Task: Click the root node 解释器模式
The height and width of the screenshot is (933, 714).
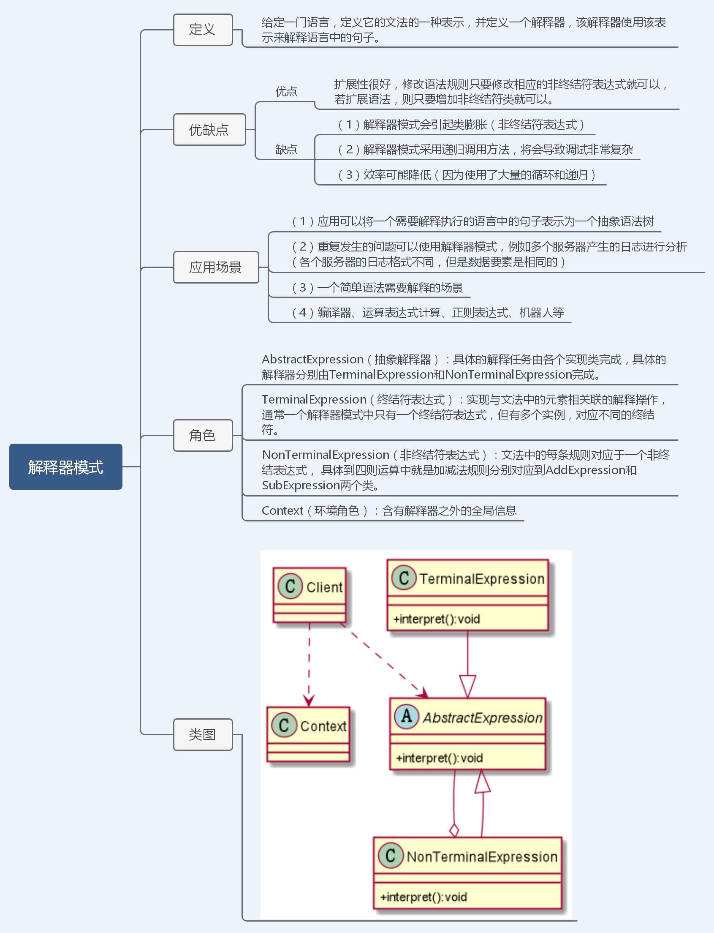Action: coord(66,466)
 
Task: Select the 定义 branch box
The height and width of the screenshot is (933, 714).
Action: coord(203,30)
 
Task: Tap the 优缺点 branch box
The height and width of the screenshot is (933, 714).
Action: coord(209,129)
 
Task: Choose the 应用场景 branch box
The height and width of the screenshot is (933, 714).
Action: coord(215,267)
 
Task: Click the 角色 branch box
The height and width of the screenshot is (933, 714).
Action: coord(203,435)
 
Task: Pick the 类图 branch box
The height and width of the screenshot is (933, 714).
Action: coord(203,734)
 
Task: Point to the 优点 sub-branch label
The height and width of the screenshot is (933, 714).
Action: coord(286,91)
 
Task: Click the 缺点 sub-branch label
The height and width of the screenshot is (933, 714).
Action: coord(286,149)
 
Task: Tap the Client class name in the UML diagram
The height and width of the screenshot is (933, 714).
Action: coord(324,587)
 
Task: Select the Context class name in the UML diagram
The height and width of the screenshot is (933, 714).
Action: coord(323,726)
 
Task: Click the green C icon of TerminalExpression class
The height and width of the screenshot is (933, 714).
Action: coord(404,578)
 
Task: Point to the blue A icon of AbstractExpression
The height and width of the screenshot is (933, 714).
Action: coord(407,716)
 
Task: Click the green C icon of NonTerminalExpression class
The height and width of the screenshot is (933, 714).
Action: coord(390,855)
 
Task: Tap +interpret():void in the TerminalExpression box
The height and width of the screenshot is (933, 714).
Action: coord(437,619)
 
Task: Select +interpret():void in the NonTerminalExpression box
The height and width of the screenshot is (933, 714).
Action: coord(424,897)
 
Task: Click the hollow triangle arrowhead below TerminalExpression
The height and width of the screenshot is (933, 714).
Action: coord(467,686)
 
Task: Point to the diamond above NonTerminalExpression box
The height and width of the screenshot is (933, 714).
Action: coord(454,830)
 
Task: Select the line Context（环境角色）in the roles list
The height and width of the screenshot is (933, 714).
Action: coord(389,510)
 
